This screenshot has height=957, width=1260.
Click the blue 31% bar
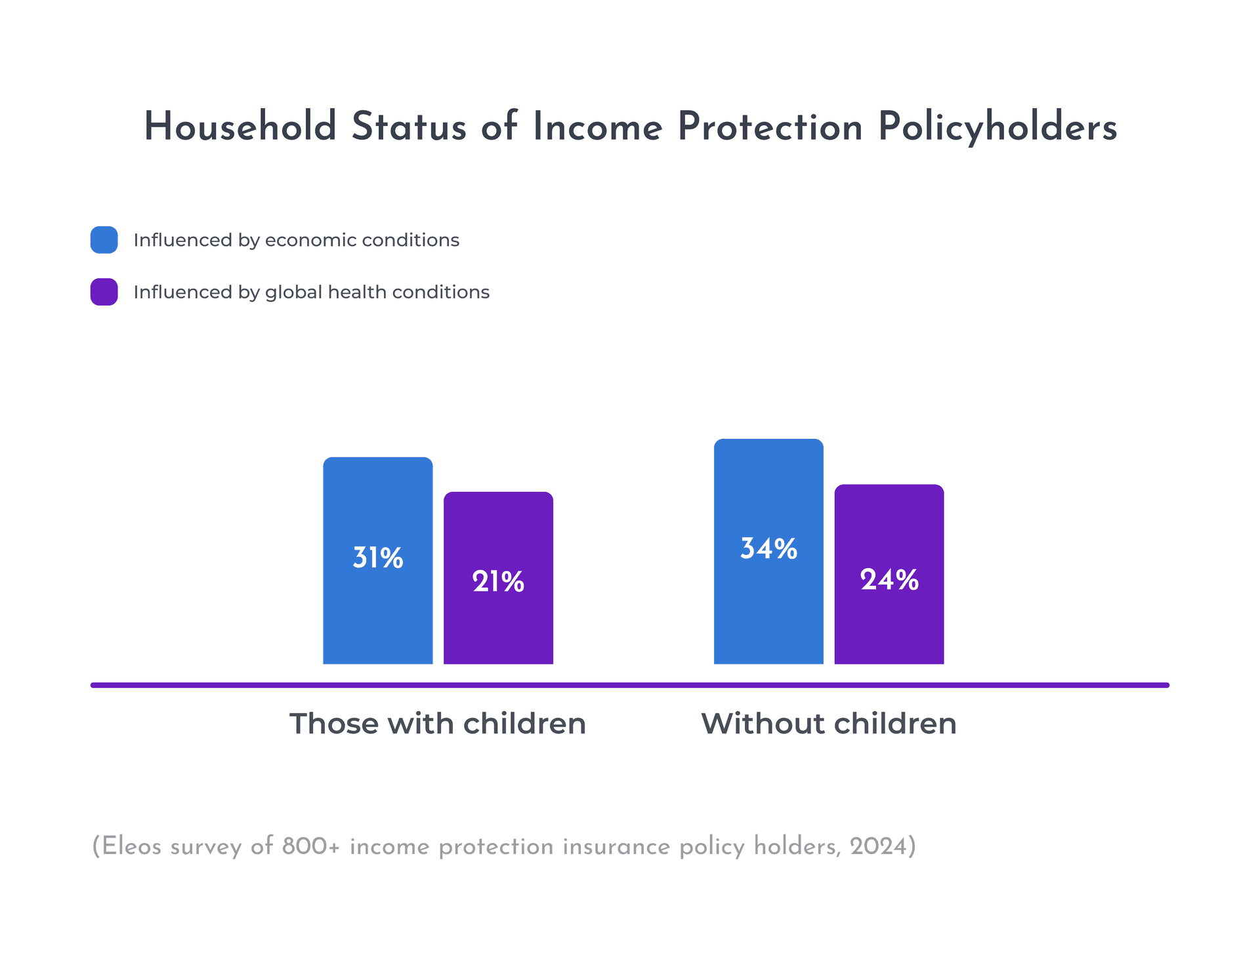(x=377, y=560)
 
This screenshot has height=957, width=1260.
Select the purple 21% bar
(x=498, y=578)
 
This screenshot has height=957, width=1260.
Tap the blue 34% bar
(x=768, y=551)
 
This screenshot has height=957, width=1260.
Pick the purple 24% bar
(x=889, y=574)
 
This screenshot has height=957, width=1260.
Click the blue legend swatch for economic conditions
(x=104, y=240)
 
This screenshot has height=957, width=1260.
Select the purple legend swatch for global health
(x=104, y=292)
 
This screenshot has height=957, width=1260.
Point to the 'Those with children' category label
(x=438, y=723)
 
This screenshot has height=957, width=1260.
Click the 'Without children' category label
(x=829, y=723)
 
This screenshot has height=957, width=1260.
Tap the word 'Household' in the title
(x=240, y=126)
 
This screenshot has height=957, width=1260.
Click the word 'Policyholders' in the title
(x=997, y=127)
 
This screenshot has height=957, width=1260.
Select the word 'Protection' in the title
(x=770, y=126)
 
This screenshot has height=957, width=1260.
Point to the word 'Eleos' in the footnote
(x=131, y=846)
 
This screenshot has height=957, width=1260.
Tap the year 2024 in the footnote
(x=877, y=846)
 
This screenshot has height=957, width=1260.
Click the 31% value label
(x=378, y=558)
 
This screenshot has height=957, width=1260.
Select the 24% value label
(x=889, y=580)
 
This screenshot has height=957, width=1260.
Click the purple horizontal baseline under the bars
(x=630, y=685)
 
